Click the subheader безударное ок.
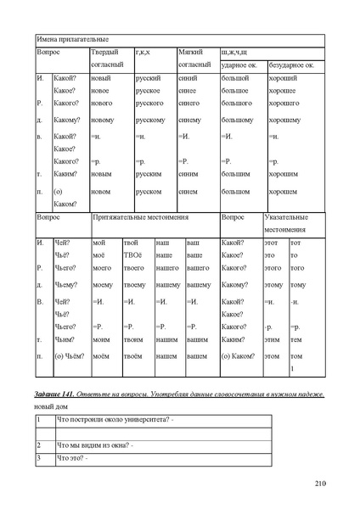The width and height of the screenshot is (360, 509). pyautogui.click(x=293, y=65)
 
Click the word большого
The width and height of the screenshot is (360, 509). pyautogui.click(x=235, y=103)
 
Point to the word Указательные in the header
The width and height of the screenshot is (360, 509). pyautogui.click(x=287, y=218)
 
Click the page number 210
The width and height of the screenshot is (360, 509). pyautogui.click(x=320, y=484)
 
